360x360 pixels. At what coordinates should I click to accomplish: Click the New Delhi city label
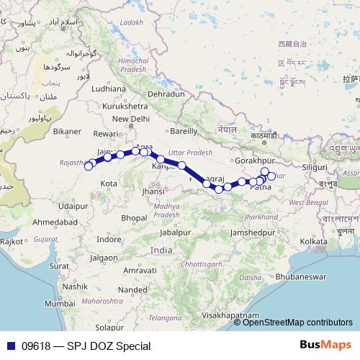click(x=130, y=119)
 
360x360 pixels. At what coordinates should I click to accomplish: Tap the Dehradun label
click(x=167, y=94)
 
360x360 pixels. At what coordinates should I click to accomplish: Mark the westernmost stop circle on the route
click(x=89, y=166)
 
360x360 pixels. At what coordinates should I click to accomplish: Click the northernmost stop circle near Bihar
click(x=265, y=171)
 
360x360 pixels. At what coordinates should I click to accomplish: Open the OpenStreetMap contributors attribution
click(x=299, y=323)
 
